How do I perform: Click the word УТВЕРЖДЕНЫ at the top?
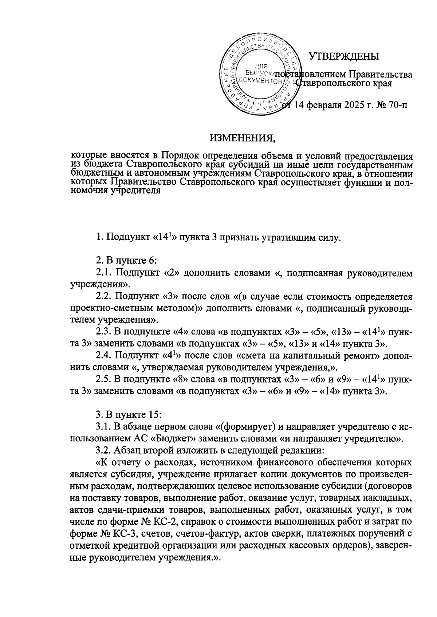click(x=344, y=57)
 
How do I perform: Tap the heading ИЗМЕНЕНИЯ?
click(x=241, y=138)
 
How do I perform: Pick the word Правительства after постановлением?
click(x=380, y=75)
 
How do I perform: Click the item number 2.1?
click(x=105, y=273)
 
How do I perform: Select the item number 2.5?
click(x=105, y=380)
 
